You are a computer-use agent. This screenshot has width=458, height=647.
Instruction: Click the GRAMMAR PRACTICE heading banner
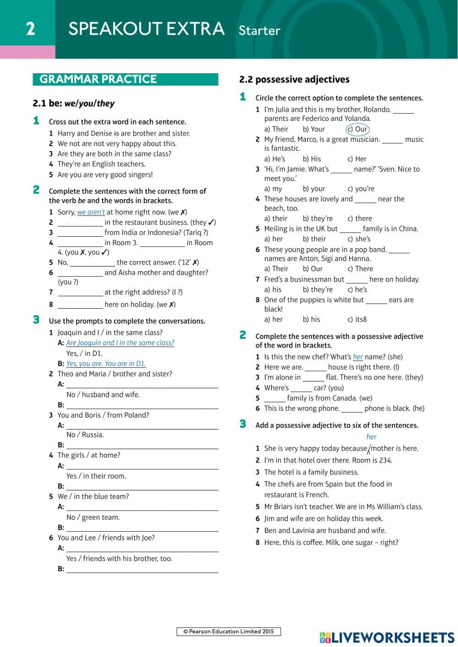point(125,79)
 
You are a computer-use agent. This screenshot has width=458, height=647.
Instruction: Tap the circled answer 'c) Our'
point(357,129)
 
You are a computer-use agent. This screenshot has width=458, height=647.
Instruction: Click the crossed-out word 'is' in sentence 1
point(116,133)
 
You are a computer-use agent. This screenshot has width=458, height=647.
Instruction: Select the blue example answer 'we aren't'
point(91,212)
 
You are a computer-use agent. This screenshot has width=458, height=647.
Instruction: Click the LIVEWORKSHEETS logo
point(387,637)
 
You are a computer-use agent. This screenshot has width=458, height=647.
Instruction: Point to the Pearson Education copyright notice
point(229,631)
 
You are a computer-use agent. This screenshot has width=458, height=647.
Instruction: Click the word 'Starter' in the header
point(259,31)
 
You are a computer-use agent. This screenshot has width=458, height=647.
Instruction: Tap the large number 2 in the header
point(30,29)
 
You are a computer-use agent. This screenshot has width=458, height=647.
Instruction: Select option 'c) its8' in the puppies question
point(357,319)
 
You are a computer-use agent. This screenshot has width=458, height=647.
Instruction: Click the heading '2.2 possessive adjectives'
point(294,80)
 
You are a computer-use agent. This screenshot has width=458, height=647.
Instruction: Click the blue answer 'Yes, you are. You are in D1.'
point(106,364)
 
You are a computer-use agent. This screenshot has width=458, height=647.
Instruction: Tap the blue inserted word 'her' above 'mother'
point(371,437)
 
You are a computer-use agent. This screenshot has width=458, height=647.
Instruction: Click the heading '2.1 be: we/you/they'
point(74,103)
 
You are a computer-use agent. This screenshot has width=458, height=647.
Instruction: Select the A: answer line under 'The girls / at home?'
point(142,466)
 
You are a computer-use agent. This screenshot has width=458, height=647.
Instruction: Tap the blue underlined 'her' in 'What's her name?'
point(358,357)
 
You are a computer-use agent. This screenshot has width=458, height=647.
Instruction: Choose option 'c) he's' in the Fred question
point(357,289)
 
